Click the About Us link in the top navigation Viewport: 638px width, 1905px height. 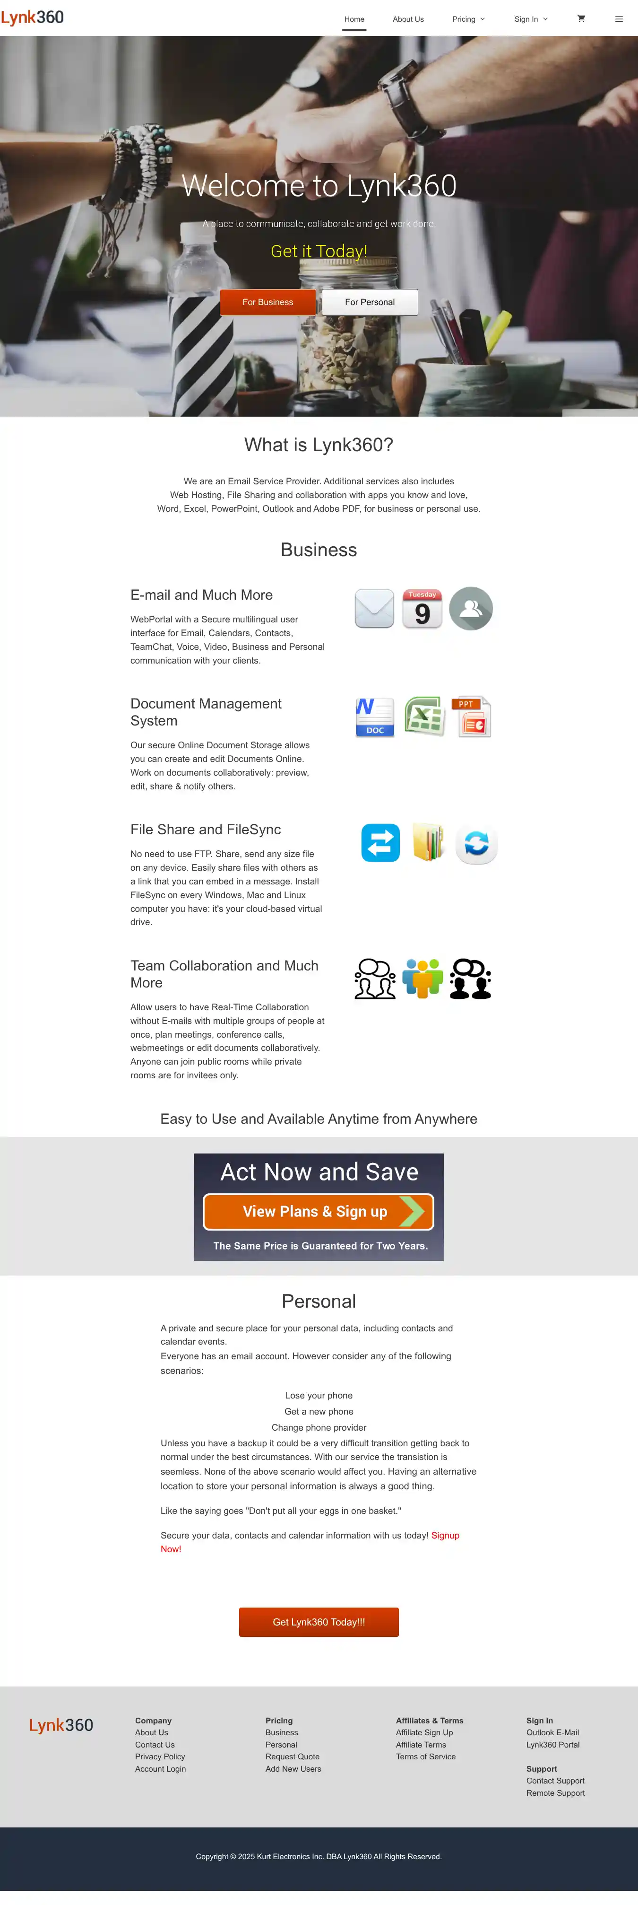[x=408, y=19]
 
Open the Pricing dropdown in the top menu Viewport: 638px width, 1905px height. [x=468, y=19]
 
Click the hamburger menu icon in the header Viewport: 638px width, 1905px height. [x=619, y=19]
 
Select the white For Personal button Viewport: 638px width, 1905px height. [x=370, y=303]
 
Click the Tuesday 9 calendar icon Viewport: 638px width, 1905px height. [x=422, y=609]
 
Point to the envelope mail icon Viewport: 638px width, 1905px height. [x=374, y=609]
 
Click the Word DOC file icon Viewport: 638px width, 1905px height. [x=375, y=717]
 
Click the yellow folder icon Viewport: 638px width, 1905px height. [x=428, y=842]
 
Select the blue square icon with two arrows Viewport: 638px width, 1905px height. [x=380, y=842]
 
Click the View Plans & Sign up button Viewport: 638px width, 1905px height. [x=319, y=1211]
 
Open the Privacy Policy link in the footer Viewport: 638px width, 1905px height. [x=160, y=1756]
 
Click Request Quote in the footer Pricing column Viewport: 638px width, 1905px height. [x=293, y=1756]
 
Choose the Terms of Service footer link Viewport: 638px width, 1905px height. [x=426, y=1756]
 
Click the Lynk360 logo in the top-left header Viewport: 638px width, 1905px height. [x=33, y=18]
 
